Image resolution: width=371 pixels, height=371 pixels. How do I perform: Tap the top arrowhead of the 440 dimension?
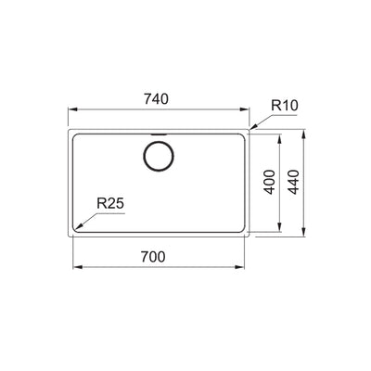pyautogui.click(x=308, y=132)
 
